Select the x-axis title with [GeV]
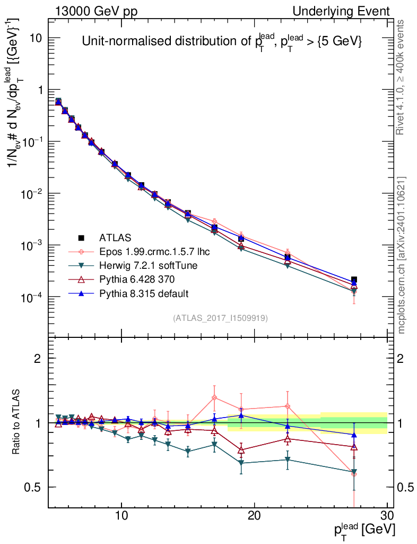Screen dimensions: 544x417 pyautogui.click(x=364, y=530)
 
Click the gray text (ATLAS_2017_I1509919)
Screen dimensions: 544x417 pyautogui.click(x=220, y=318)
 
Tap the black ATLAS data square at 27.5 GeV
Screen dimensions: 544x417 pyautogui.click(x=354, y=279)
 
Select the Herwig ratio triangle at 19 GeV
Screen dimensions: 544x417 pyautogui.click(x=241, y=463)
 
